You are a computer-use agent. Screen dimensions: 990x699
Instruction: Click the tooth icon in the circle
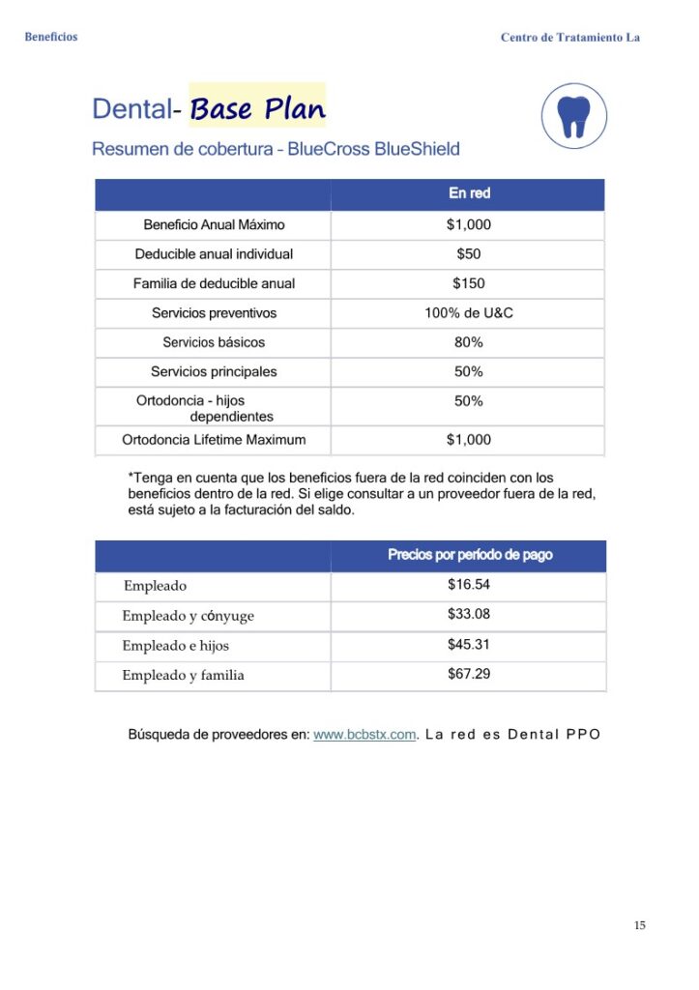pos(575,115)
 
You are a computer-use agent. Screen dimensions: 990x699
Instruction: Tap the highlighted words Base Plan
pos(257,108)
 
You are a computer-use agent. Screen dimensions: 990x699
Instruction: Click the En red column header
pos(469,193)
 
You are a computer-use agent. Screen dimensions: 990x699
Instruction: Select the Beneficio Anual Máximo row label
pos(214,225)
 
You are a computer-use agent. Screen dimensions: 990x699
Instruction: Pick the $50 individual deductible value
pos(469,254)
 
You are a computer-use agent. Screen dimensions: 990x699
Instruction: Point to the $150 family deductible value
pos(469,283)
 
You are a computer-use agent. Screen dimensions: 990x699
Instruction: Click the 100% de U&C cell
pos(469,313)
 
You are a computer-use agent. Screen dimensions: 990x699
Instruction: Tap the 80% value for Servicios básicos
pos(469,342)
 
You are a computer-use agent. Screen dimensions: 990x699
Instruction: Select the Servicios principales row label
pos(214,371)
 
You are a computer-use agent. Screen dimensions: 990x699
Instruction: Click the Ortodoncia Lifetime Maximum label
pos(214,440)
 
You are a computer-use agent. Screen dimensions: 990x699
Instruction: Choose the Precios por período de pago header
pos(470,555)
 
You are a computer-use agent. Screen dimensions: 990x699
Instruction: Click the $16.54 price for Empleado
pos(469,585)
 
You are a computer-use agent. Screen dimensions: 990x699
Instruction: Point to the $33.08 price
pos(469,614)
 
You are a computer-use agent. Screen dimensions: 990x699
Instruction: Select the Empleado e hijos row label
pos(175,645)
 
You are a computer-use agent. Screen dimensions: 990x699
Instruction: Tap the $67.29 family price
pos(469,674)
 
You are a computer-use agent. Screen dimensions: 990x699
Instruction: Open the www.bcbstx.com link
pos(364,734)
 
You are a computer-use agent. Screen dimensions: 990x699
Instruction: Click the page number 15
pos(640,925)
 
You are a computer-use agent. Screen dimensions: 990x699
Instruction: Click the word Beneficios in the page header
pos(51,37)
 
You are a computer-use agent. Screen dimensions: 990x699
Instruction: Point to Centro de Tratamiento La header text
pos(570,37)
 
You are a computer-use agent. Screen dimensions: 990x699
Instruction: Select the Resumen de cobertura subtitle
pos(276,150)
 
